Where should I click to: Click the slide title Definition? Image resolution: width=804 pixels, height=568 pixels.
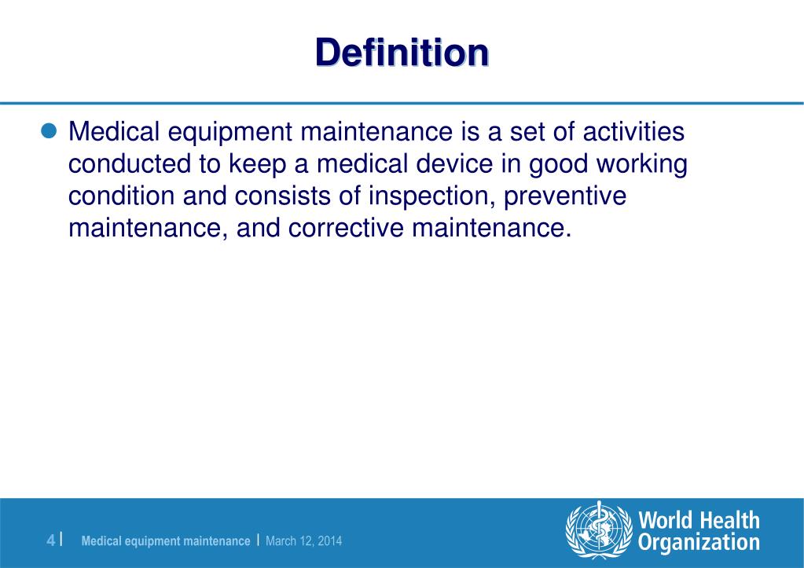pos(402,53)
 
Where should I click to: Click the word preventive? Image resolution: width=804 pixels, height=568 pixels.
pos(565,196)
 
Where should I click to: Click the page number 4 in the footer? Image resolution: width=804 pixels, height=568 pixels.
pos(51,541)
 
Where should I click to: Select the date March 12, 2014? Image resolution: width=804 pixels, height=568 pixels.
pos(304,541)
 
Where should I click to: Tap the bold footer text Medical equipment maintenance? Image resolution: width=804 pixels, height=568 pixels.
pos(166,541)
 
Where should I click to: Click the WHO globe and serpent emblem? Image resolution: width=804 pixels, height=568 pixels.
pos(599,530)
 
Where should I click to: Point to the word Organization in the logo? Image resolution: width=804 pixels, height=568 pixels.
pos(699,543)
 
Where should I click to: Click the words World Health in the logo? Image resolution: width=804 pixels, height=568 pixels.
pos(699,520)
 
